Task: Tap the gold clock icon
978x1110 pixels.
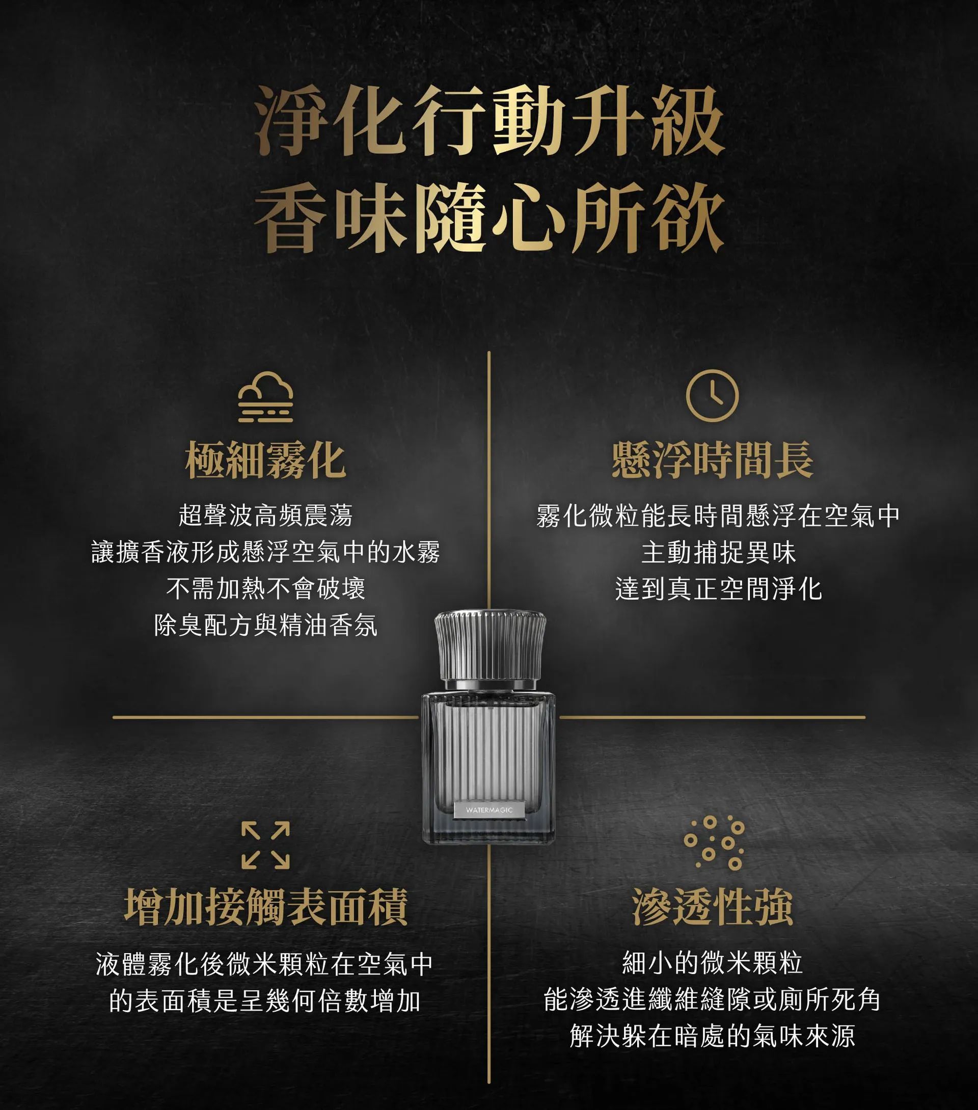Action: pos(712,395)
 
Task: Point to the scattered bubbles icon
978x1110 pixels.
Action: pos(714,842)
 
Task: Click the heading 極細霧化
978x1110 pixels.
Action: pos(265,461)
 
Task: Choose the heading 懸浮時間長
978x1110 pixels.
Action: pos(713,461)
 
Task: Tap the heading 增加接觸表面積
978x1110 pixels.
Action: pos(266,906)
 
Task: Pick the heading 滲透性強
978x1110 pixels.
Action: pos(713,906)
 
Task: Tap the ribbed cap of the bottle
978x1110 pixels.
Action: pos(490,644)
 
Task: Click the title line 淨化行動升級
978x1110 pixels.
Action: pos(490,121)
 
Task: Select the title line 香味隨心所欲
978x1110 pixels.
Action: pos(490,218)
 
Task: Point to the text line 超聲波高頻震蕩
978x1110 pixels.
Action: pos(265,516)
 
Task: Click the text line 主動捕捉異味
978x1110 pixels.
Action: pos(718,552)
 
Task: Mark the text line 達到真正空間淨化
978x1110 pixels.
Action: pos(718,589)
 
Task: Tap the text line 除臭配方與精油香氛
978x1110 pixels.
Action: pos(265,626)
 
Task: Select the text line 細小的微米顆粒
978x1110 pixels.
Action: pos(713,963)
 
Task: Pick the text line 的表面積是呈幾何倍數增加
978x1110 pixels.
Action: pos(265,1000)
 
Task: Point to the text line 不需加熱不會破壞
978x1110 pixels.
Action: pos(265,589)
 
